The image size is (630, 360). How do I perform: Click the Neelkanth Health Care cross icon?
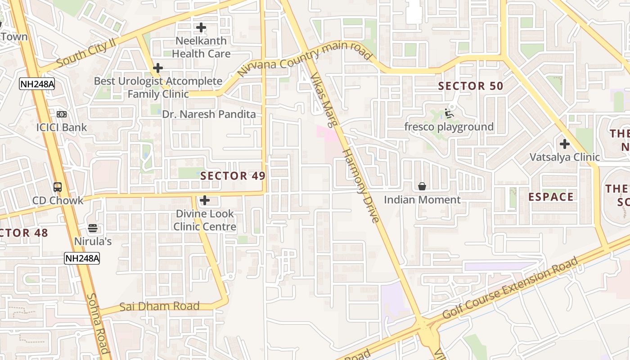click(x=201, y=28)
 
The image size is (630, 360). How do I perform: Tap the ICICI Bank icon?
click(x=62, y=114)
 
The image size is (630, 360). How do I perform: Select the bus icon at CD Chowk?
click(x=58, y=187)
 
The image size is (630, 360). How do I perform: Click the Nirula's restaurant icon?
click(x=93, y=229)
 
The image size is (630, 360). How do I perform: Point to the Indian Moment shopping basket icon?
click(x=422, y=186)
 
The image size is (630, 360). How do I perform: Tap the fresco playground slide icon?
click(x=449, y=112)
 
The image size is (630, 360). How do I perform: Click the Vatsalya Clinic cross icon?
click(x=565, y=144)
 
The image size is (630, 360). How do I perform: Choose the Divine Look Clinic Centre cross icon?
click(x=205, y=200)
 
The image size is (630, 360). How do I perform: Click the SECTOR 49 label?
click(x=233, y=176)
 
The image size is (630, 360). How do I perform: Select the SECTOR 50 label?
click(x=471, y=86)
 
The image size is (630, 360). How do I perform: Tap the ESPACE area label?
click(x=551, y=197)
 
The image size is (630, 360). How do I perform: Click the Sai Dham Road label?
click(x=159, y=307)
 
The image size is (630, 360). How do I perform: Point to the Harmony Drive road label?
click(x=361, y=185)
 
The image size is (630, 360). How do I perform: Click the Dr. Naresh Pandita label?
click(x=209, y=114)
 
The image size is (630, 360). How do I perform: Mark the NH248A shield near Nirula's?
click(x=82, y=258)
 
